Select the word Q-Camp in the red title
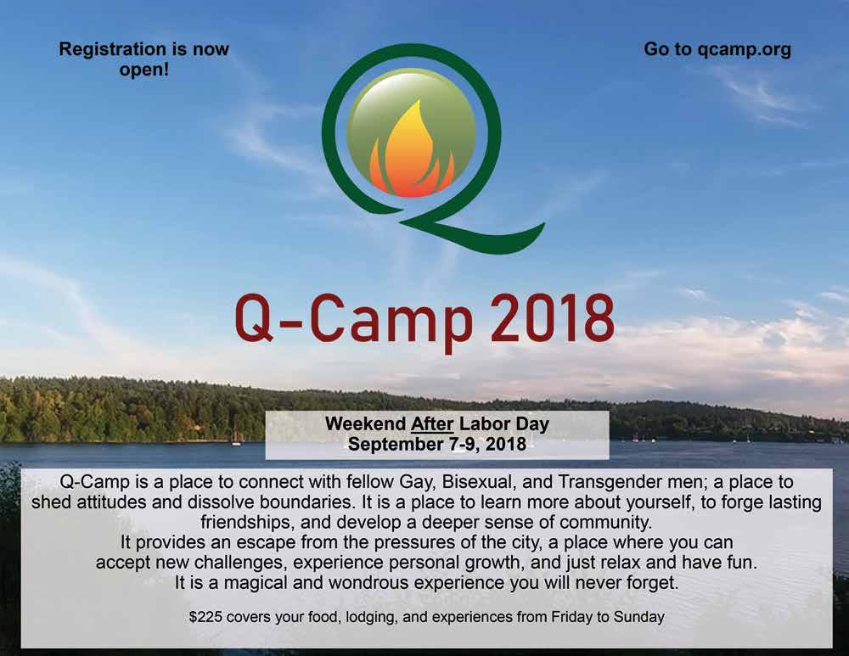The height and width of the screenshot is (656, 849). [x=353, y=323]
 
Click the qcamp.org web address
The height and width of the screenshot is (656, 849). [x=744, y=50]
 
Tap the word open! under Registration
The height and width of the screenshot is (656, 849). [x=144, y=70]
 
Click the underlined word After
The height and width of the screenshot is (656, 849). [x=432, y=423]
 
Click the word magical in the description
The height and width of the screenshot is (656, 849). [x=255, y=583]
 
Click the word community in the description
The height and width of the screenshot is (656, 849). [x=605, y=523]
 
